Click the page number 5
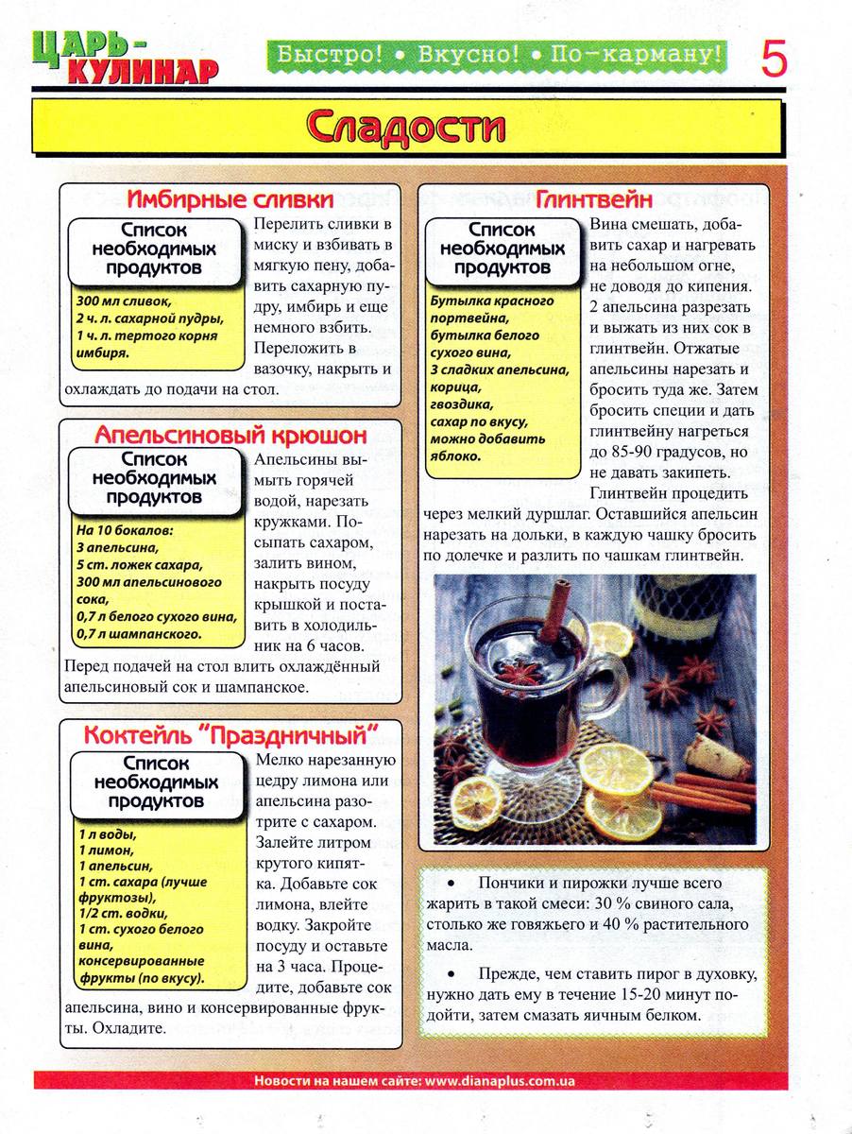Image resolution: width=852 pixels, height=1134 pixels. (774, 59)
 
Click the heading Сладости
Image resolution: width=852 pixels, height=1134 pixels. (406, 127)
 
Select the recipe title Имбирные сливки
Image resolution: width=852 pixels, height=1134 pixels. (230, 199)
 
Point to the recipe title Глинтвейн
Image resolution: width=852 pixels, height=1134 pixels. (594, 199)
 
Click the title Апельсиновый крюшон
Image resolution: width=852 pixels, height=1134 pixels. (230, 436)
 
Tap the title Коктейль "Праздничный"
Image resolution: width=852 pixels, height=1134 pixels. (230, 734)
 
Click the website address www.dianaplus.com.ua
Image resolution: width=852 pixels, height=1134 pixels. (500, 1081)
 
